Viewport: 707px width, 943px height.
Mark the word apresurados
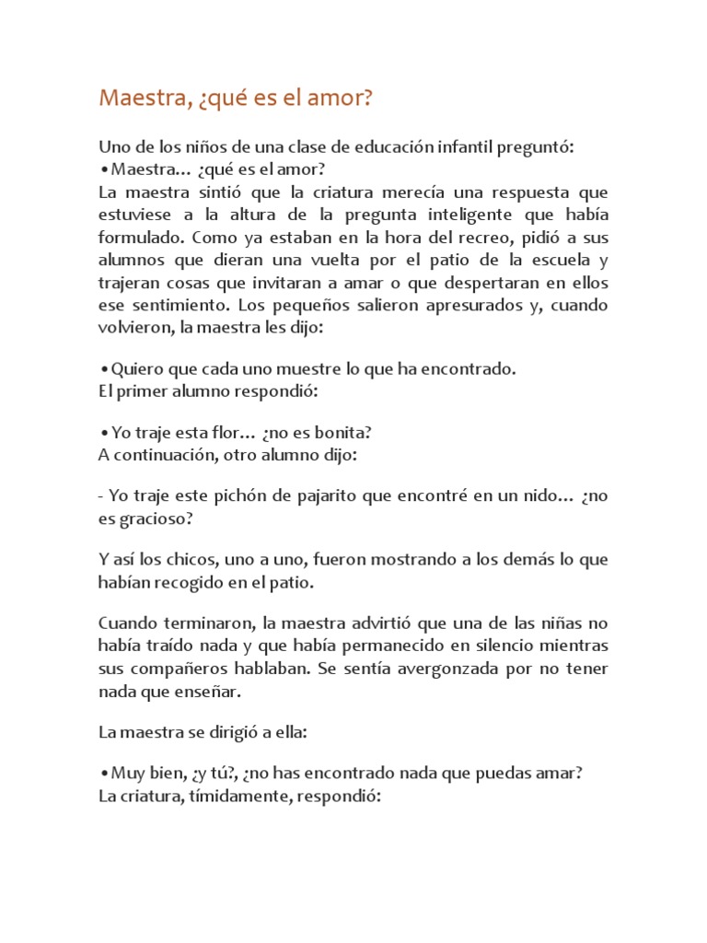coord(466,304)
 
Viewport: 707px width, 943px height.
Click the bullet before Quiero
coord(104,369)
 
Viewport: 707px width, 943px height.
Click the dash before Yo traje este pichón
coord(100,496)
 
